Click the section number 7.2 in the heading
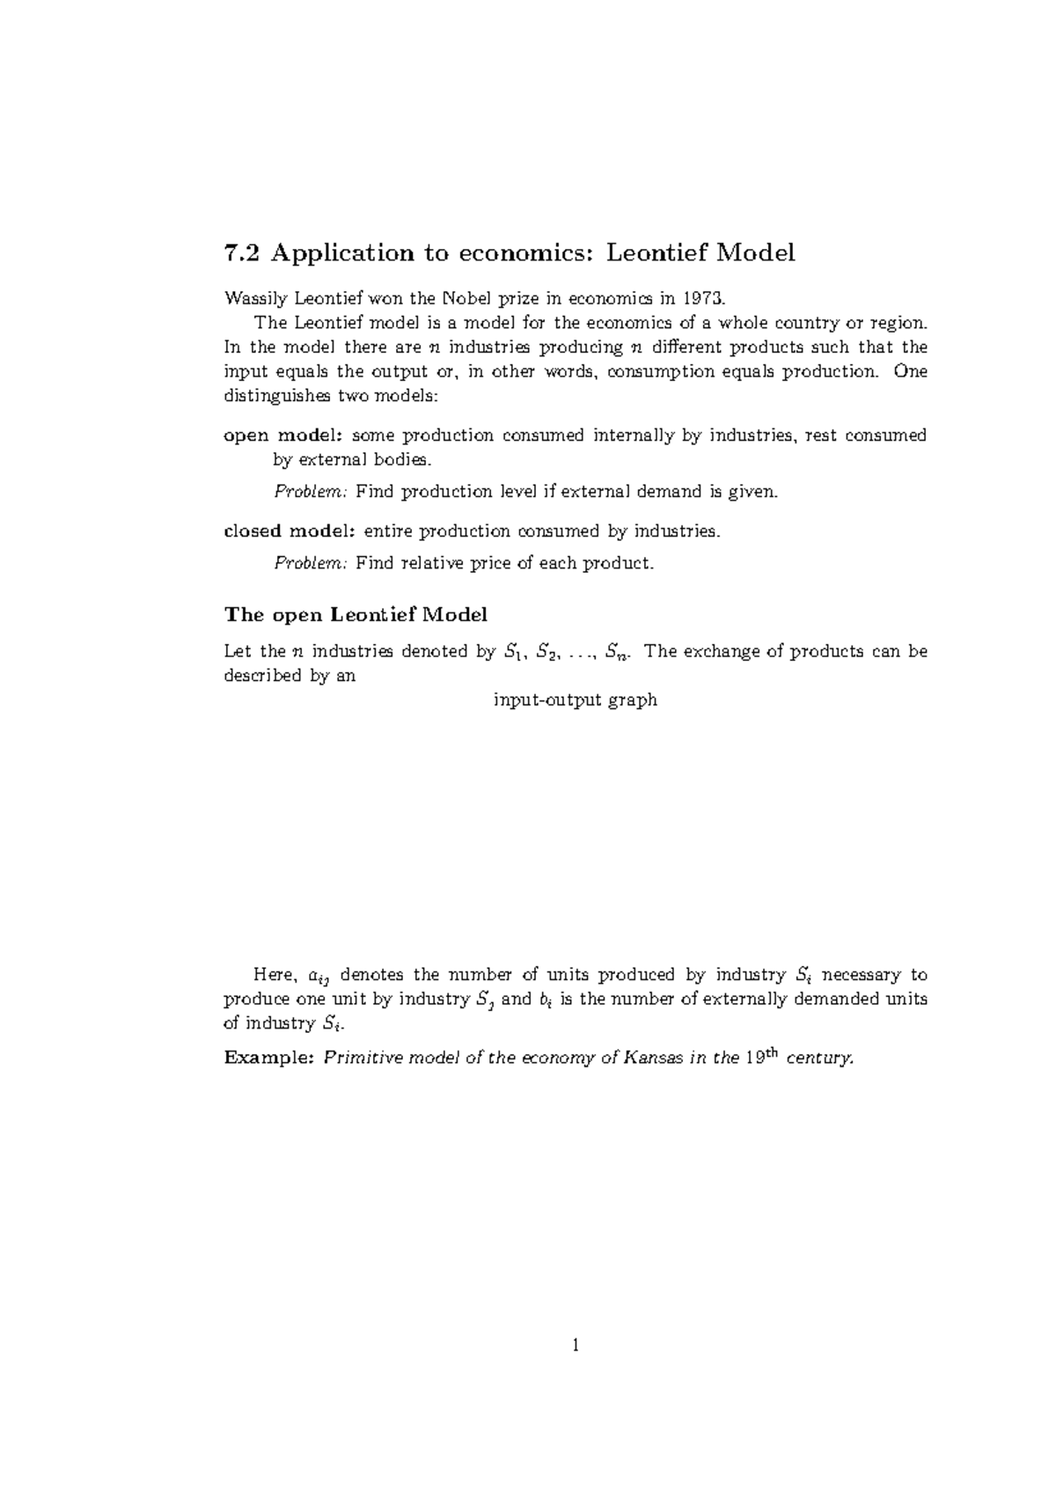pos(243,253)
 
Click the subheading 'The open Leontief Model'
pos(356,613)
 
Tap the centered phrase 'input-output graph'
pos(576,700)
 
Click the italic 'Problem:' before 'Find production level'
pos(312,492)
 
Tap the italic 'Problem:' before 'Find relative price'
pos(312,563)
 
